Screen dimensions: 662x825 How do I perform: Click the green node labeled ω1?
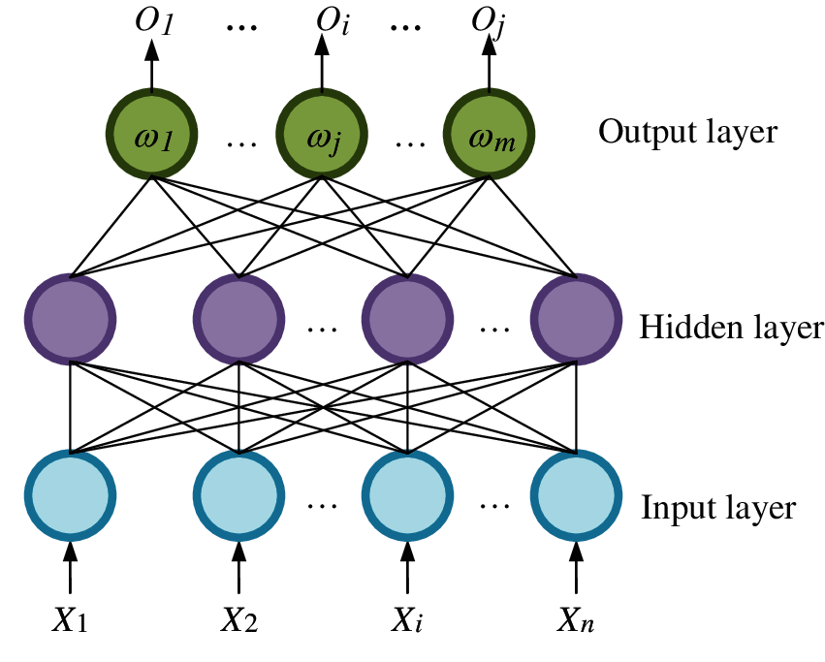[151, 136]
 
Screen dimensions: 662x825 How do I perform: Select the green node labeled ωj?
[322, 136]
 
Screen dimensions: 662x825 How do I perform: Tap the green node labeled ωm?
[490, 136]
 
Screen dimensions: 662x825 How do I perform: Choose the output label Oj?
[488, 24]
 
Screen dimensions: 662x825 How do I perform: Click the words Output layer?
[687, 132]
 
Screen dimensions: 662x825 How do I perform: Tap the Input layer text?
[718, 507]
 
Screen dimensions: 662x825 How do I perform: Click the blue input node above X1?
[71, 494]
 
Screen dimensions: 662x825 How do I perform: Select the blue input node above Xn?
[577, 494]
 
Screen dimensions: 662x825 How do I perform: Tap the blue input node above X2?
[238, 494]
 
